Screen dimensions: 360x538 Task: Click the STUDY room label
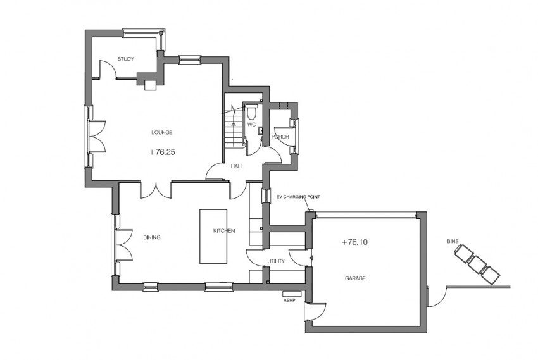125,59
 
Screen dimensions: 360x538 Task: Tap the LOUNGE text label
162,132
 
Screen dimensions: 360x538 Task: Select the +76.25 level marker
162,152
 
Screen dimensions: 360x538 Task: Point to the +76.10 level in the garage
354,242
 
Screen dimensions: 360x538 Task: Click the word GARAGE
354,278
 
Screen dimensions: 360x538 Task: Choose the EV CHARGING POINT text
297,197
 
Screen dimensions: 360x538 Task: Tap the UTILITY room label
276,261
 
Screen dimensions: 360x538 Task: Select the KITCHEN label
224,231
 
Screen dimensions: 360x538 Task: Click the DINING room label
151,237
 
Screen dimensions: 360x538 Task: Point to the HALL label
237,166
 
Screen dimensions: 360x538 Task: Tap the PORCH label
280,137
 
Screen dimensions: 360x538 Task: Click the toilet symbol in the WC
253,113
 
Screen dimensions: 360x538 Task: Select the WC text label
251,125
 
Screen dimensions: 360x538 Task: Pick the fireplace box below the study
151,85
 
